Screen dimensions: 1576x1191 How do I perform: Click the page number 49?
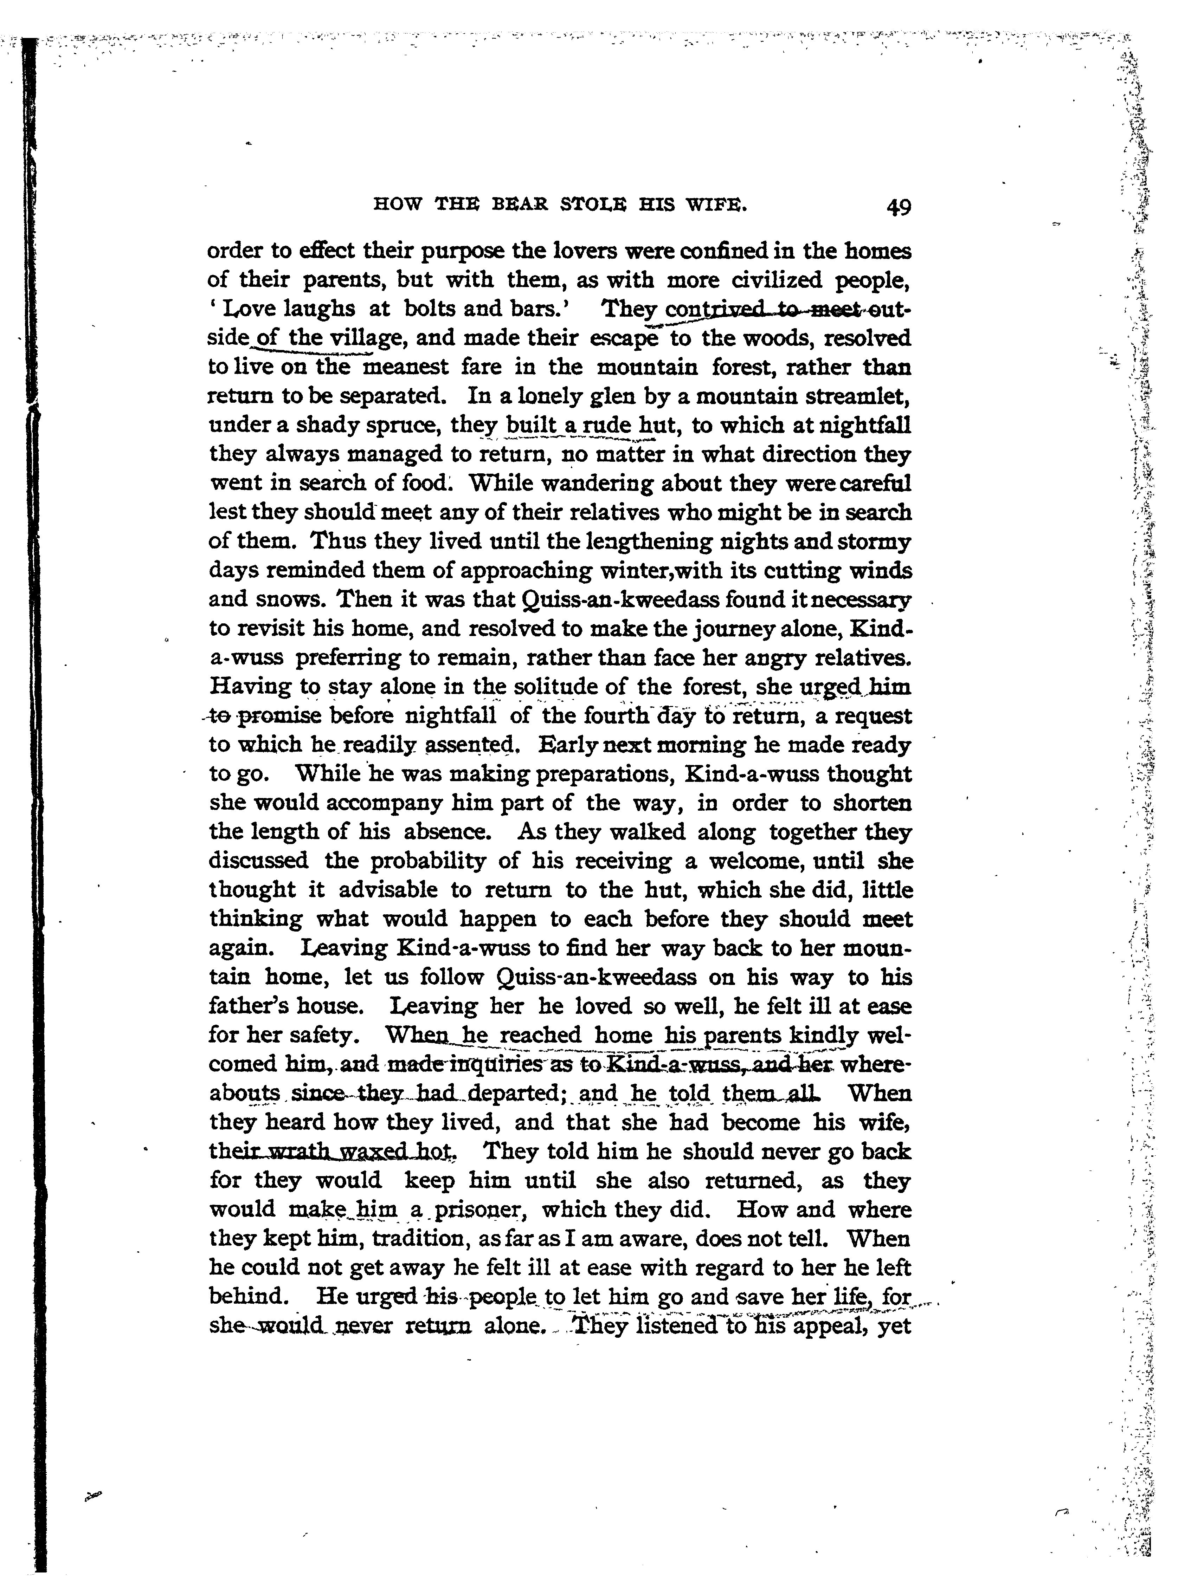(x=899, y=207)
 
